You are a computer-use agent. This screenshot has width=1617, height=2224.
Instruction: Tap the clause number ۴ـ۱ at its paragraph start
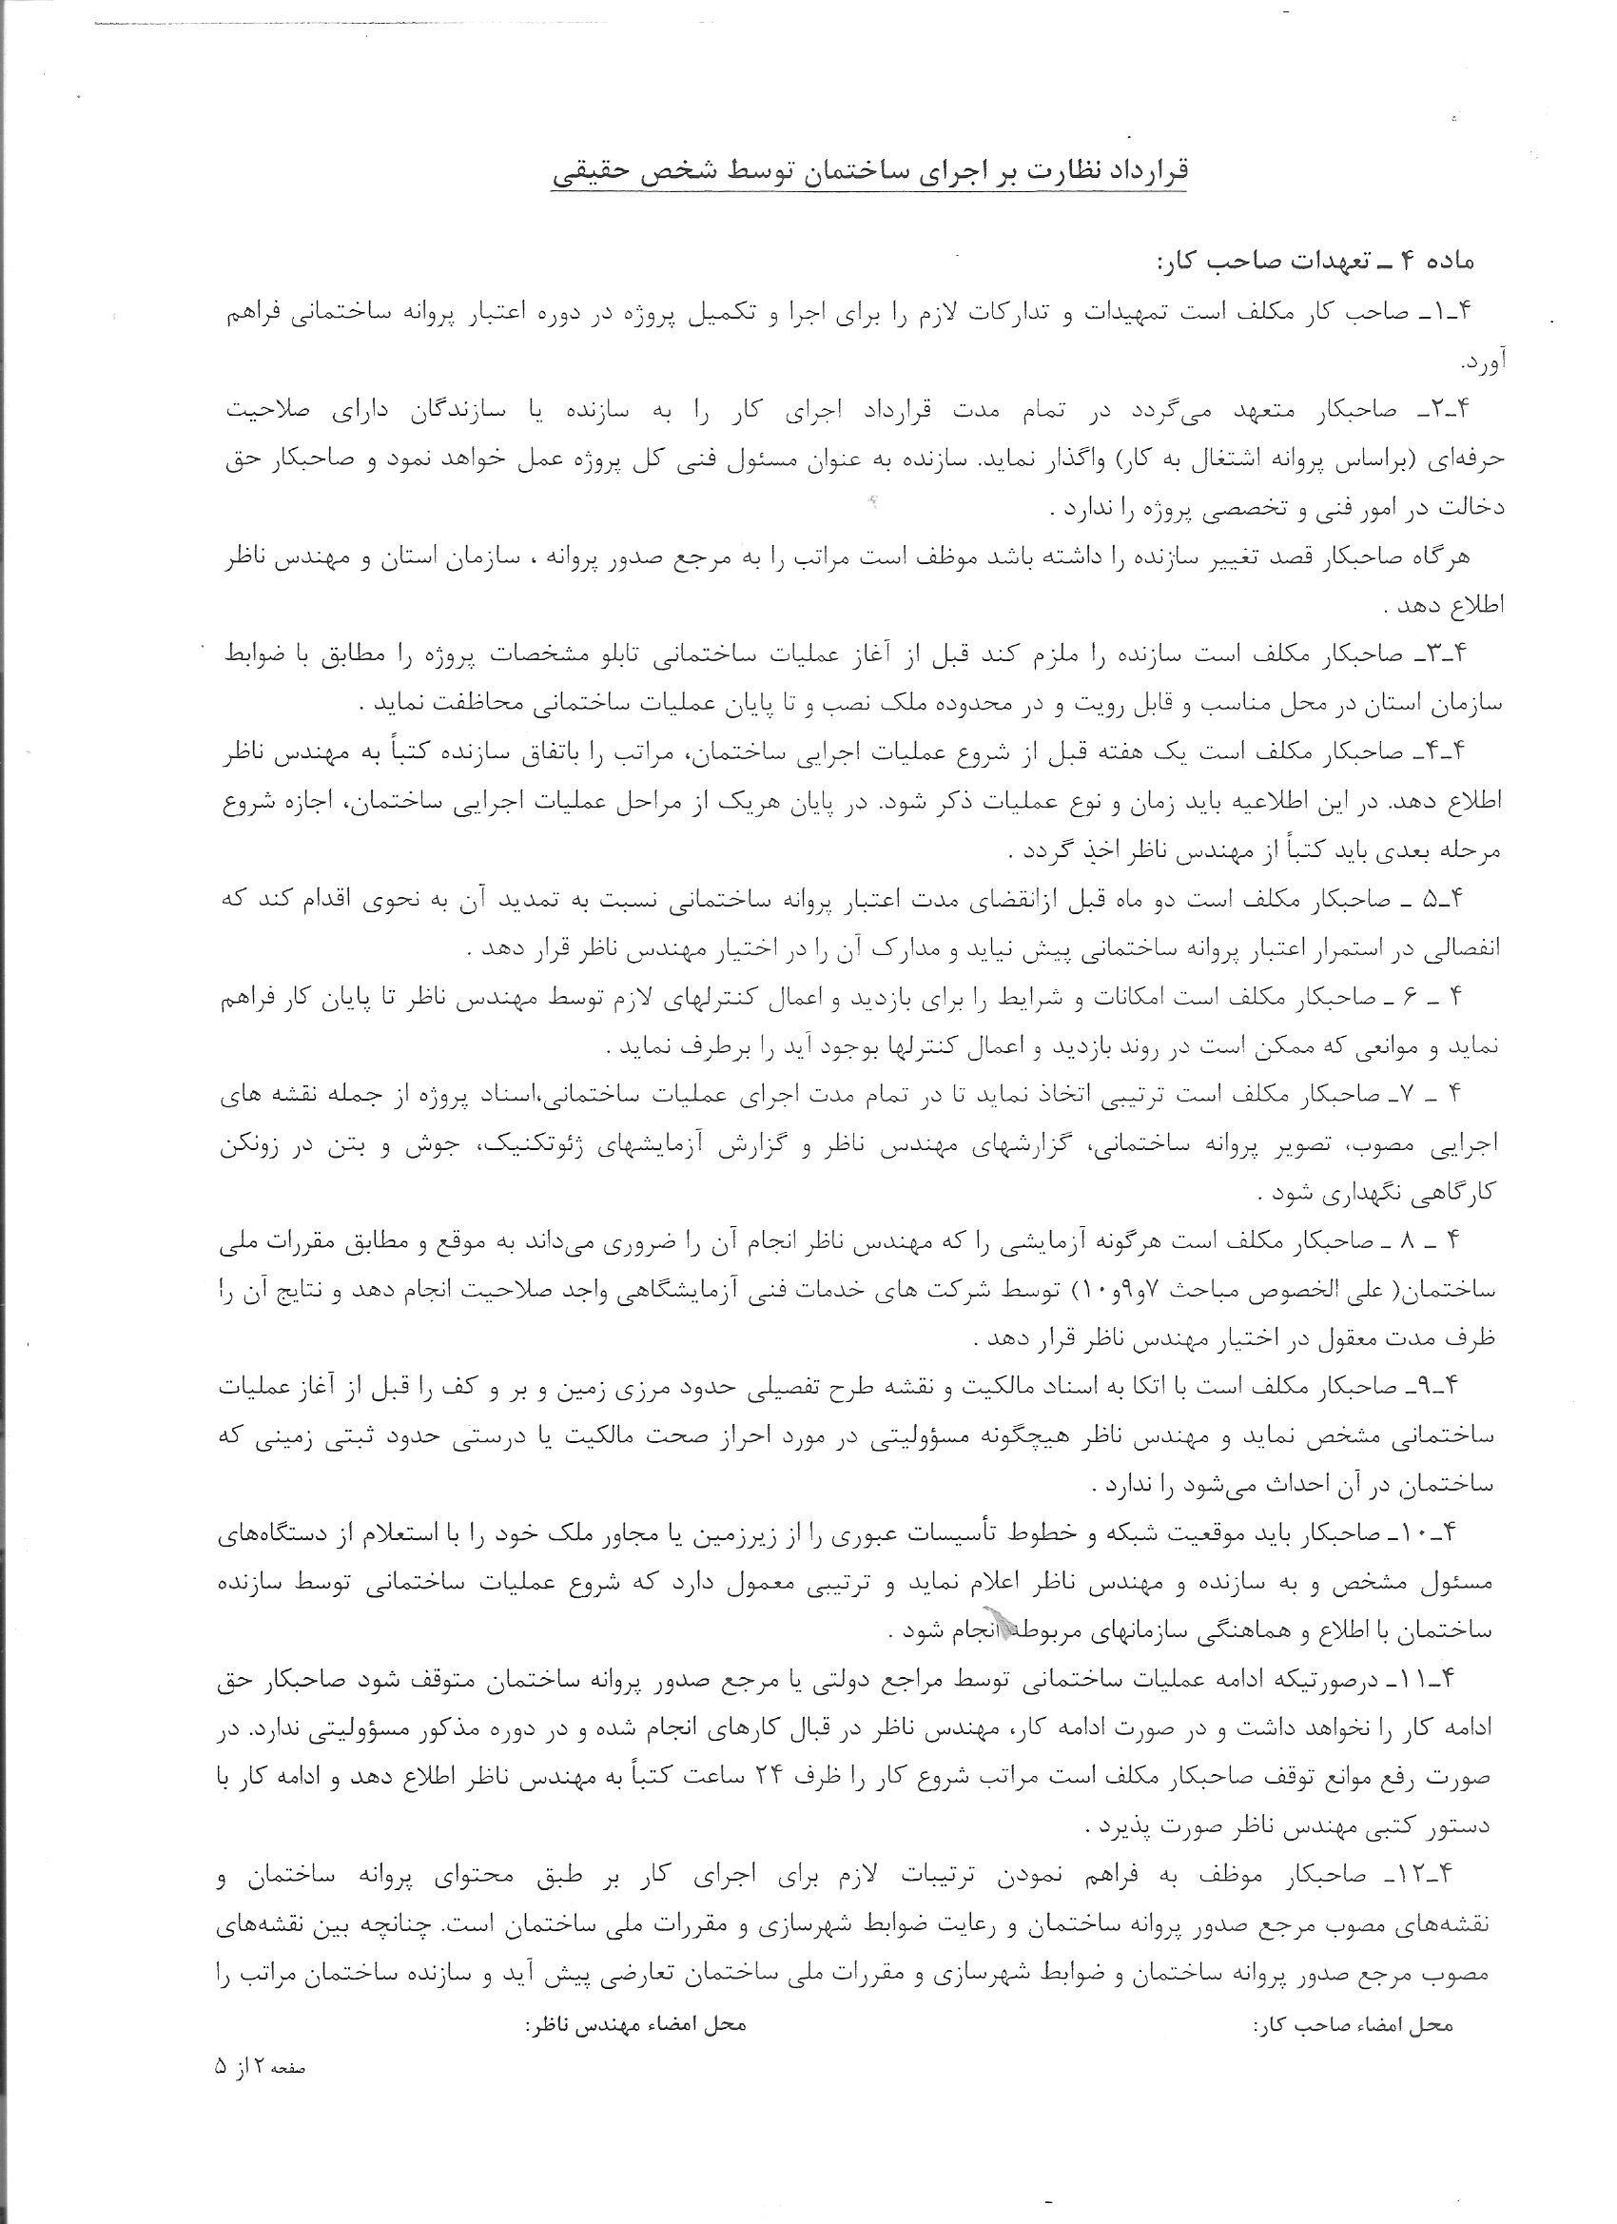[1470, 311]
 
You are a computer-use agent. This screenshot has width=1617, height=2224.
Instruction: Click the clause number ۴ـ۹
[1470, 1386]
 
